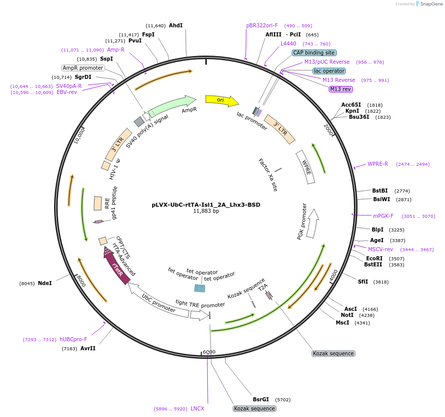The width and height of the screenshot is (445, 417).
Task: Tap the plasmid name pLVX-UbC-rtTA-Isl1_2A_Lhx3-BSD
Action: [x=206, y=205]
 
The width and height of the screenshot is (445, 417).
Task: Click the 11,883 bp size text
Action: [x=206, y=211]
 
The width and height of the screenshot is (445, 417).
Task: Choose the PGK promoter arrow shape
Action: [x=314, y=222]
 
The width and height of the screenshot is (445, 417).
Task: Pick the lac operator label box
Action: [x=329, y=71]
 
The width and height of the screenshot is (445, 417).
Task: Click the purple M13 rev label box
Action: [x=340, y=89]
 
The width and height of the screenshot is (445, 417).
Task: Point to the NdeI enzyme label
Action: [x=45, y=283]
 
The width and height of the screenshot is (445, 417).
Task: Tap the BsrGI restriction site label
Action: [x=261, y=399]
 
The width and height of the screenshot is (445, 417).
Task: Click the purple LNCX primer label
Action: [x=197, y=408]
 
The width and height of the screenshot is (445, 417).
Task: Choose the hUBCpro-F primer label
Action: [x=73, y=339]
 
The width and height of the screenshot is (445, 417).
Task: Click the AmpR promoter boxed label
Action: [x=83, y=68]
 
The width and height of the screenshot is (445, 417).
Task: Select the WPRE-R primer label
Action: [x=378, y=164]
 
